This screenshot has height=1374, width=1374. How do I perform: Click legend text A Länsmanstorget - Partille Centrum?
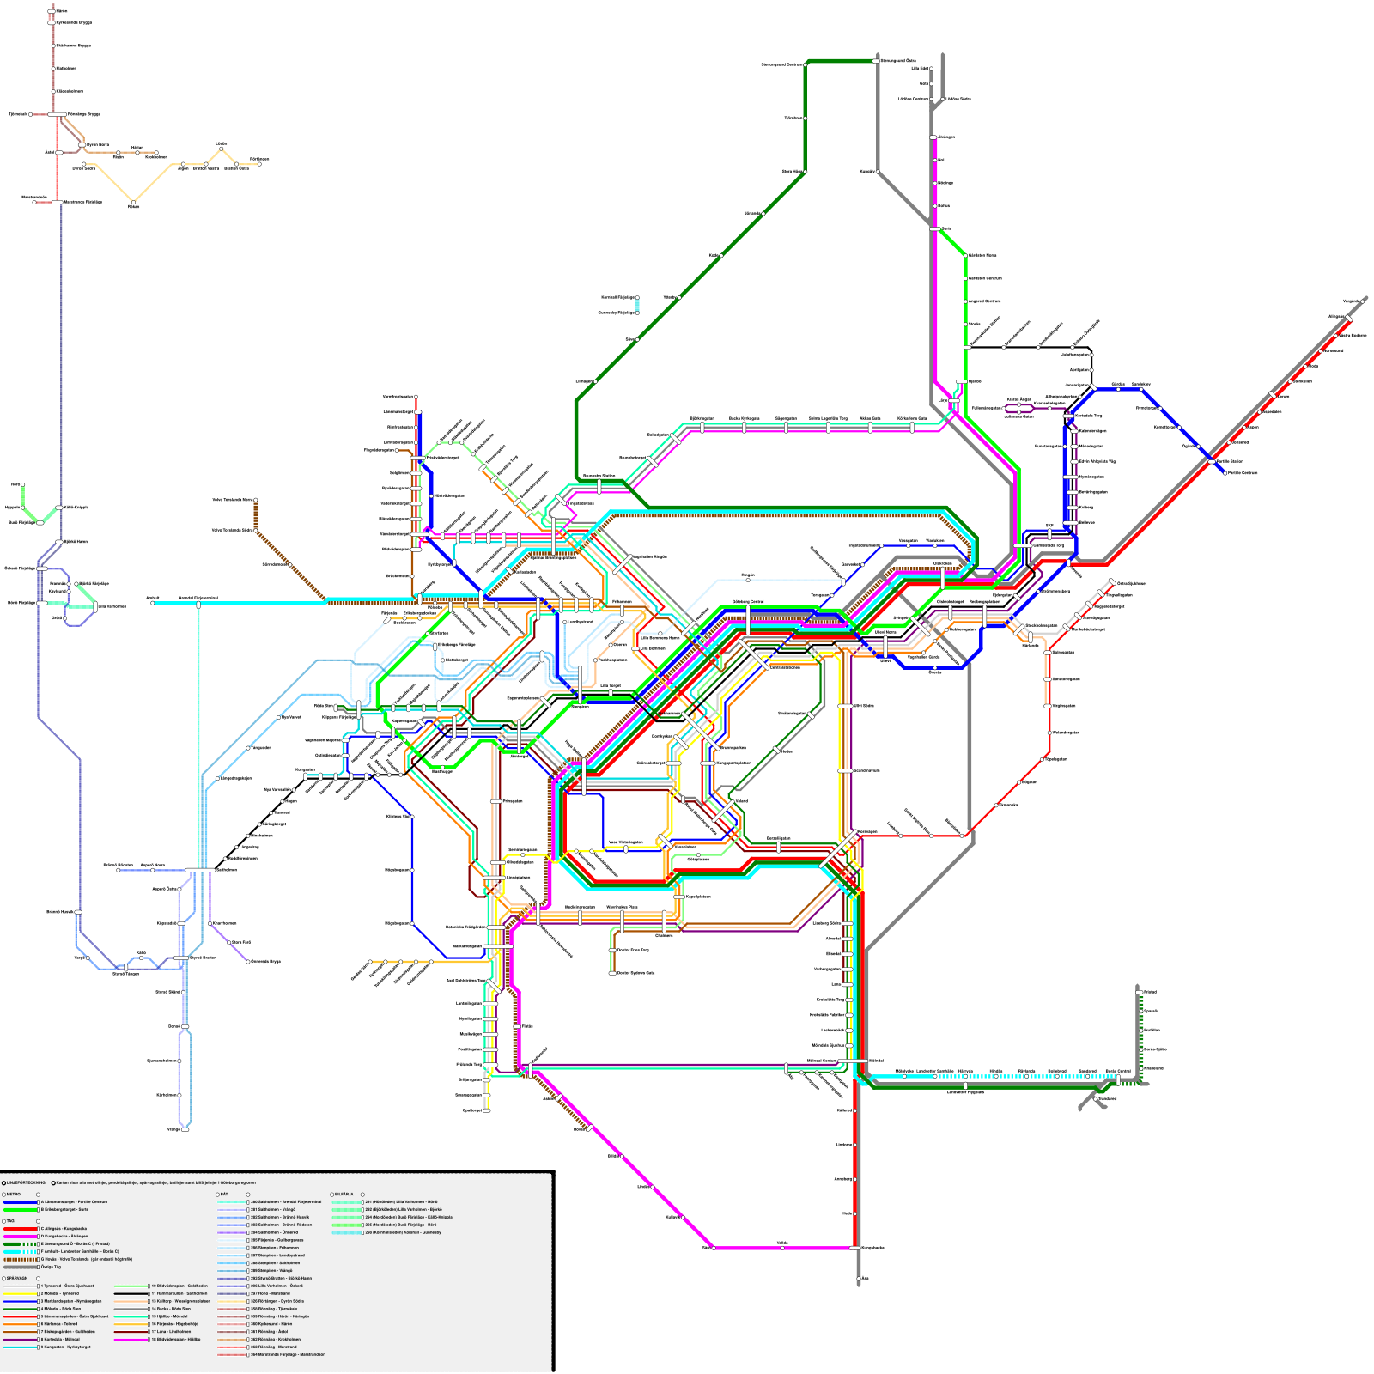point(74,1202)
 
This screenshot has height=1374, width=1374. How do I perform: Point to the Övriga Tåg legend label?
point(52,1267)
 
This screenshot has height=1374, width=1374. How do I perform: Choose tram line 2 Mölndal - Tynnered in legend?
point(60,1293)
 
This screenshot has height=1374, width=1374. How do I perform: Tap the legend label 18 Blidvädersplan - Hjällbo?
point(175,1339)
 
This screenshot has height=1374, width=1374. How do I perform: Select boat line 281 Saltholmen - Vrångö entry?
point(272,1209)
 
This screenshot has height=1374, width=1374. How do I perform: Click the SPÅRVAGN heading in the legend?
point(16,1279)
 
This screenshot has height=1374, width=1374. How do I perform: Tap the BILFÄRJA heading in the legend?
point(343,1195)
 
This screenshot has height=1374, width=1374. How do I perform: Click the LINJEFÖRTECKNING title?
point(24,1182)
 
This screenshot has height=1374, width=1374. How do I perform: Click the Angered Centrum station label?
point(984,301)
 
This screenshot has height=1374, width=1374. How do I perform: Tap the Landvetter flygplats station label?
point(965,1092)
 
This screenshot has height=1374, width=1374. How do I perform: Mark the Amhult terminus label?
point(153,598)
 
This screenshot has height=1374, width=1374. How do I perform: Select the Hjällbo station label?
point(975,381)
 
